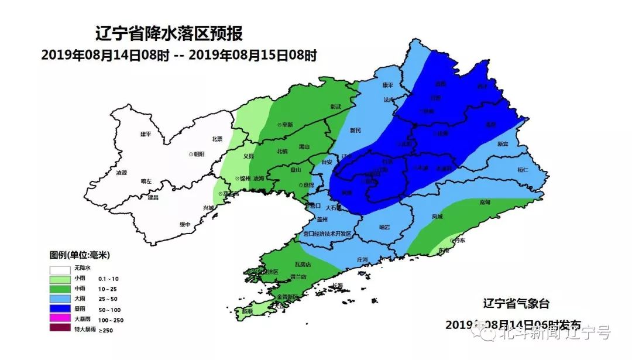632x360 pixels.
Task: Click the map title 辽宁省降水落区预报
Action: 169,35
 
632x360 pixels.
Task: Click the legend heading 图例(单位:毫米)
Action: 80,255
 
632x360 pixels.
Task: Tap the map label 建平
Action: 146,134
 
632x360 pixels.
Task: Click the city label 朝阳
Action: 198,154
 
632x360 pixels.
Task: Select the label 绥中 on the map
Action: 186,224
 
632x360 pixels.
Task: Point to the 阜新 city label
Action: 287,125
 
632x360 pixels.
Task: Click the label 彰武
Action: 335,107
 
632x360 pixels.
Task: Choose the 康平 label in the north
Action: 387,85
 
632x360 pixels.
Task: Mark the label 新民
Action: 356,130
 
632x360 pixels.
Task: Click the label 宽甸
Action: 485,202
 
